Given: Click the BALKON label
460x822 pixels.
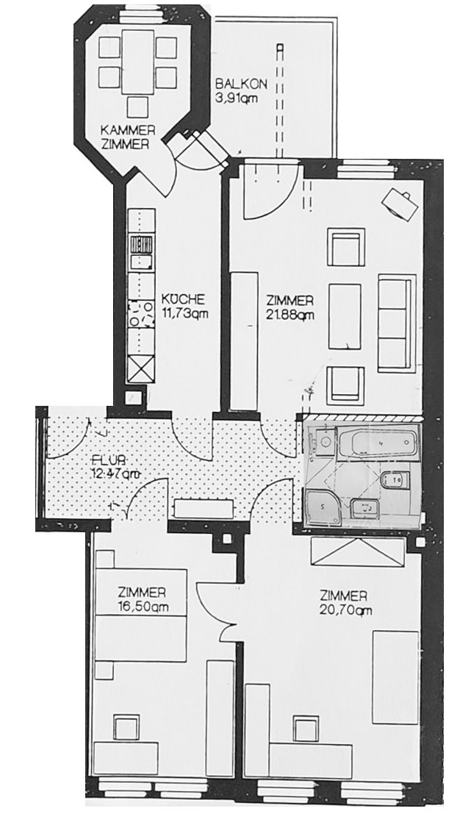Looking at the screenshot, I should (x=235, y=85).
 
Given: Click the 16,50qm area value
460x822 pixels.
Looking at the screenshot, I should (x=140, y=607).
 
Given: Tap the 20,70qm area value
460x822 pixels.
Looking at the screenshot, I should (x=343, y=610).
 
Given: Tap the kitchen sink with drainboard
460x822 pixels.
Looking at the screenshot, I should (x=140, y=251).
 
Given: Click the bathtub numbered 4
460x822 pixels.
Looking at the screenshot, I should (x=377, y=444).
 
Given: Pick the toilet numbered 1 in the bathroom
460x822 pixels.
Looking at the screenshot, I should (x=395, y=480).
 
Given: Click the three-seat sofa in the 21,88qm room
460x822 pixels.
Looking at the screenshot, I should (x=396, y=324).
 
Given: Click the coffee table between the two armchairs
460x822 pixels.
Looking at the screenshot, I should (x=345, y=316).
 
